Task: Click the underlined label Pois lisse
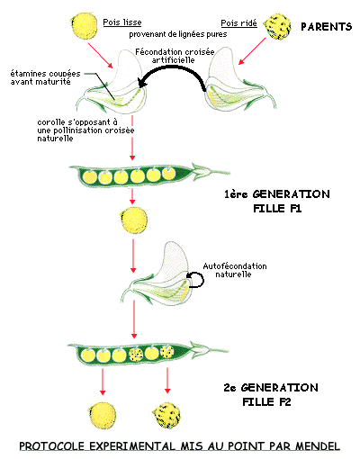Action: click(x=122, y=22)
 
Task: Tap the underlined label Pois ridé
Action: click(x=238, y=23)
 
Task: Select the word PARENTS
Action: click(x=327, y=27)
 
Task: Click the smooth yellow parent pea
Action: click(x=85, y=26)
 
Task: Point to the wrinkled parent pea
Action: click(x=277, y=27)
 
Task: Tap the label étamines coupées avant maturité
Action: click(x=45, y=77)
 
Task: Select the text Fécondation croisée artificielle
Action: click(x=175, y=56)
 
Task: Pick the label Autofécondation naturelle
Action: click(x=235, y=270)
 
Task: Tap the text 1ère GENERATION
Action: click(x=277, y=194)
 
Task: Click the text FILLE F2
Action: click(x=266, y=401)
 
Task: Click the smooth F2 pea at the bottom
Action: click(x=102, y=416)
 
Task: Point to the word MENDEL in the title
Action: click(x=318, y=445)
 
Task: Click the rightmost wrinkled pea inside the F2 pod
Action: click(x=167, y=352)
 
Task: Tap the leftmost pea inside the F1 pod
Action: click(x=90, y=177)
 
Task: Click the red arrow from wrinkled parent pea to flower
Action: click(x=252, y=51)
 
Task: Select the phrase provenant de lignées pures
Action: click(x=178, y=34)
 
